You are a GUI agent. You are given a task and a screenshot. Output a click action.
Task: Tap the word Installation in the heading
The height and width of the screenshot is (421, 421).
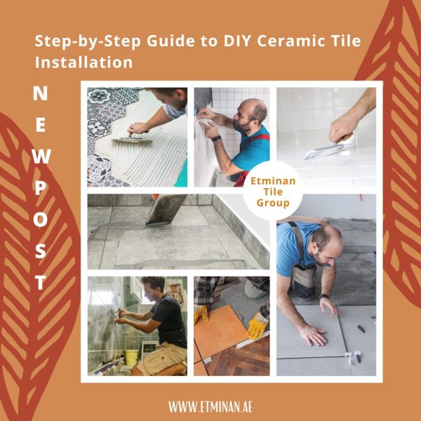pyautogui.click(x=83, y=62)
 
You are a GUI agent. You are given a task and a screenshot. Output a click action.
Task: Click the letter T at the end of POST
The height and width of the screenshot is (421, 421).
pyautogui.click(x=41, y=283)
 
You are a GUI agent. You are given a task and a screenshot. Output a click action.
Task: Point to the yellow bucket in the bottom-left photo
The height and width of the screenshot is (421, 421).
pyautogui.click(x=131, y=357)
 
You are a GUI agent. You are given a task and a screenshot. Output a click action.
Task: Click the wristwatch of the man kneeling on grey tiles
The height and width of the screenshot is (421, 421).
pyautogui.click(x=325, y=295)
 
